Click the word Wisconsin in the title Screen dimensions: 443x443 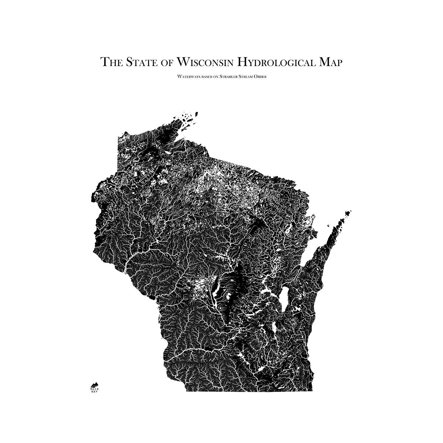click(206, 62)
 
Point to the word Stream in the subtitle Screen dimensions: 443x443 click(246, 76)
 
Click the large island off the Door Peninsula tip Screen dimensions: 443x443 click(347, 213)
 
